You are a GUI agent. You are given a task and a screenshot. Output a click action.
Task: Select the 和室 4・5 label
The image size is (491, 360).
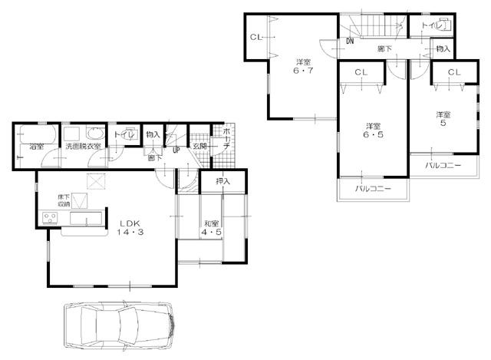click(212, 228)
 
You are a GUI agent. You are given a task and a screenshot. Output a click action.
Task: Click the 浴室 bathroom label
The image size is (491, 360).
click(36, 145)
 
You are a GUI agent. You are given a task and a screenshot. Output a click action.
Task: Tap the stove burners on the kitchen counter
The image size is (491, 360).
click(51, 220)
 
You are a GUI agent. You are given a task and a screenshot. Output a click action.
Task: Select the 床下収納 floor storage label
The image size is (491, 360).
click(64, 201)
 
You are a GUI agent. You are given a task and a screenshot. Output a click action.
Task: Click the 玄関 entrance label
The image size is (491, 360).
click(199, 146)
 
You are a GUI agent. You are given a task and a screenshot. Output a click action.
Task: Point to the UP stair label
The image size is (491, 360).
click(176, 150)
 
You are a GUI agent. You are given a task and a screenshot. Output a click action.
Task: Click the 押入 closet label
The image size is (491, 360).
click(222, 182)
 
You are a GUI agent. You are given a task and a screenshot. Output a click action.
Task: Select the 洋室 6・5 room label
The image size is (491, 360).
click(372, 130)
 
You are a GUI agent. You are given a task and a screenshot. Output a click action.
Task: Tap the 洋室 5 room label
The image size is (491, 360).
click(443, 120)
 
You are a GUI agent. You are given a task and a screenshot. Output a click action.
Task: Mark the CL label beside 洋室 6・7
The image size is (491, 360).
click(255, 38)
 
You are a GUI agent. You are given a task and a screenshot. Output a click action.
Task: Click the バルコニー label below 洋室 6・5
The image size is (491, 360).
click(373, 188)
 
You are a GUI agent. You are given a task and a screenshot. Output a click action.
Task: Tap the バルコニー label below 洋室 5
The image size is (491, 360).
click(443, 164)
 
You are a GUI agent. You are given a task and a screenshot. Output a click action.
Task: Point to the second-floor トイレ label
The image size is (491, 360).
click(430, 25)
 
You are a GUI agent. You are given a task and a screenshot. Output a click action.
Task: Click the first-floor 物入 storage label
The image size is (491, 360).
click(153, 134)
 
